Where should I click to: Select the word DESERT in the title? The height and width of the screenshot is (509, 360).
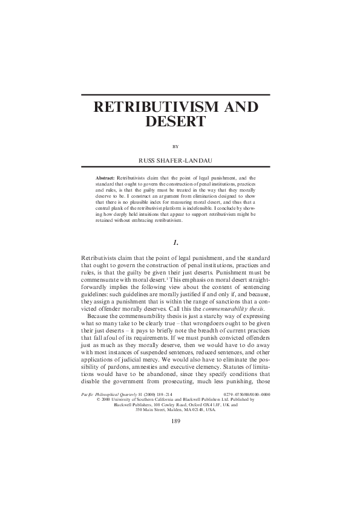175,122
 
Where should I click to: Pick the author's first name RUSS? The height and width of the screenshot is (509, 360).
149,161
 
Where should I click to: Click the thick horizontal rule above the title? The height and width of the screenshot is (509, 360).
175,95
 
